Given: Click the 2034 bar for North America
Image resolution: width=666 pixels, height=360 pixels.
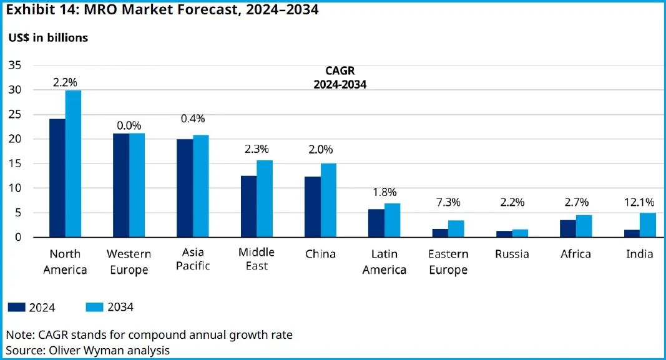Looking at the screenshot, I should click(x=73, y=164).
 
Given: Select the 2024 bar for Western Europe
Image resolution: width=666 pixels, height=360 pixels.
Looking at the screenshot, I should click(x=121, y=185).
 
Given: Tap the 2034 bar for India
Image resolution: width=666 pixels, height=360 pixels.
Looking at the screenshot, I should click(x=648, y=225).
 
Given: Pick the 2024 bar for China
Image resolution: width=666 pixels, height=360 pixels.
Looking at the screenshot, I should click(x=312, y=207).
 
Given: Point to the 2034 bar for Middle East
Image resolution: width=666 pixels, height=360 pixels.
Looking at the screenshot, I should click(x=265, y=199).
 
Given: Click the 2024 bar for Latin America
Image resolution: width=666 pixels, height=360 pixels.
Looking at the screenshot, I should click(x=376, y=223).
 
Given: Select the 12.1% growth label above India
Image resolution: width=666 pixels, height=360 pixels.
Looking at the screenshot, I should click(x=640, y=202).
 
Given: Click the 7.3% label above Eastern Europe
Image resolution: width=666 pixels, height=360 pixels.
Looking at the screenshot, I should click(x=448, y=202).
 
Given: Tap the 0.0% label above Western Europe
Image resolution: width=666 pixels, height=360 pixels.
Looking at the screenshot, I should click(x=129, y=125).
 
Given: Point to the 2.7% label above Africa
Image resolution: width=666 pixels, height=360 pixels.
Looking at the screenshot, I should click(x=576, y=202).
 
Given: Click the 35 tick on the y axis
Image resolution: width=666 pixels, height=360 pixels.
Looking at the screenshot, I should click(x=16, y=65).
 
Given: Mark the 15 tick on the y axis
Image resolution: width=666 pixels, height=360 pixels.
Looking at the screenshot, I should click(x=16, y=163).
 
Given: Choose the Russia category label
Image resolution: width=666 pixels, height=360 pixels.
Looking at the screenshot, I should click(x=512, y=254).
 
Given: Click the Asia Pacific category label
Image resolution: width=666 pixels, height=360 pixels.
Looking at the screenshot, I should click(x=193, y=260).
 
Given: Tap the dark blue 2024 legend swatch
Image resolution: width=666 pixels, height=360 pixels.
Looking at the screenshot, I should click(x=16, y=307).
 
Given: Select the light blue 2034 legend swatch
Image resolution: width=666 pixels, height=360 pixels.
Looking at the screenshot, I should click(x=94, y=307).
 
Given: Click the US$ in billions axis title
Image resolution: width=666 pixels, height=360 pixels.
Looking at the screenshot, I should click(x=48, y=38).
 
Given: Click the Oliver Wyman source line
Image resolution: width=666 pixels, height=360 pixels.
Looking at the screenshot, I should click(x=88, y=350).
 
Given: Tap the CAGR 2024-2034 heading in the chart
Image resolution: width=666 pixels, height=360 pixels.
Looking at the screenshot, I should click(x=340, y=78).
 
